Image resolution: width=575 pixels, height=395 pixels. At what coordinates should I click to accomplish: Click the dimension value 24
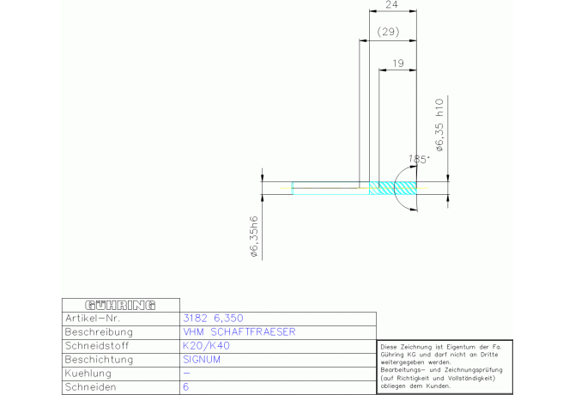coord(391,5)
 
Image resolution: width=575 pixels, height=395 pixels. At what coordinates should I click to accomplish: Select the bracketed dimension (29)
coord(388,33)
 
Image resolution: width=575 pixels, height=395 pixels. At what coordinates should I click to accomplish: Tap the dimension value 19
coord(397,63)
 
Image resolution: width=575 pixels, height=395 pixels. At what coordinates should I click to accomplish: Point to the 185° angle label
coord(419,159)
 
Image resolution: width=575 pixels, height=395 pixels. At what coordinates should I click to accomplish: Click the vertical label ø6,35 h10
coord(439,125)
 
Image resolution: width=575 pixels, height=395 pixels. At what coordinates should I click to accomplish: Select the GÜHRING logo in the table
coord(121,305)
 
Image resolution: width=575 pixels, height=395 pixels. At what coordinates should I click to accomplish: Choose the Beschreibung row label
coord(99,331)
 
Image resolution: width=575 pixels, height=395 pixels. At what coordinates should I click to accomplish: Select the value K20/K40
coord(207,346)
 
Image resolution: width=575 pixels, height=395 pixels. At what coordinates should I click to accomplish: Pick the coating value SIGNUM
coord(203,360)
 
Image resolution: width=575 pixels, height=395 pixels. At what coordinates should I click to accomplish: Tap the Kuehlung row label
coord(91,374)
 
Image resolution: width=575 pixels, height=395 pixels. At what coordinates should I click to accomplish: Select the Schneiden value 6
coord(186,388)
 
